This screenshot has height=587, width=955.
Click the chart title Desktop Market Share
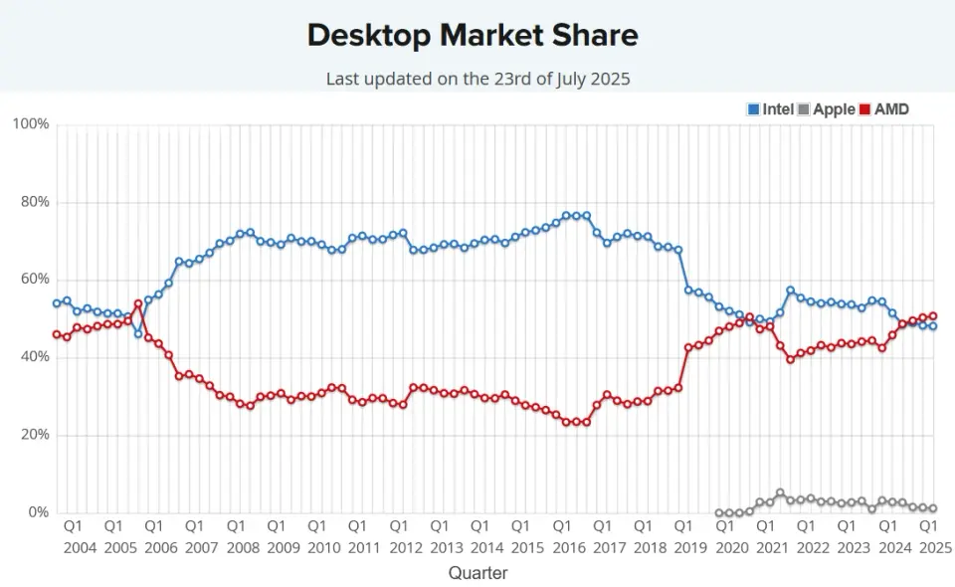pos(473,35)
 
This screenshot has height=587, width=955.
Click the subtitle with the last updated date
pos(478,78)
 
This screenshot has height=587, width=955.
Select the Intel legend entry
pos(771,109)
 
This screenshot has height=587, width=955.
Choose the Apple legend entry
pos(827,109)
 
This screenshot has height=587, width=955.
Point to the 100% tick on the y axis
pos(30,124)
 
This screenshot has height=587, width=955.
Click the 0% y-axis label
pos(37,512)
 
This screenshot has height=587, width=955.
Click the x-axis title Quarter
pos(477,573)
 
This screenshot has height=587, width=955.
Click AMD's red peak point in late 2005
pos(138,303)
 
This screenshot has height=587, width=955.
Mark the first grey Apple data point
pos(719,513)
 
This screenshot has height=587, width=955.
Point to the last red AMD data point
pos(932,316)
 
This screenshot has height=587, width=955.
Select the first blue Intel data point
pos(57,303)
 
